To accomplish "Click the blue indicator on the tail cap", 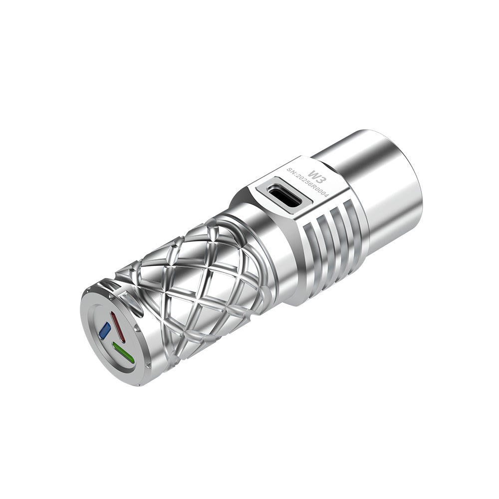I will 105,330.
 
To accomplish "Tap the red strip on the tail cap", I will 118,327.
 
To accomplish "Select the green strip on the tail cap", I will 123,352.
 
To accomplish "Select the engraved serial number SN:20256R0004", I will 307,183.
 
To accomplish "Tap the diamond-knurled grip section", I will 200,279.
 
